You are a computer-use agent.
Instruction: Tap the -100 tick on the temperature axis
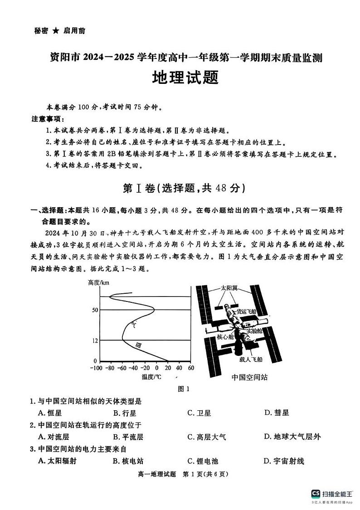point(96,368)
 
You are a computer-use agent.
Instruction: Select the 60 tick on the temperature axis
point(190,368)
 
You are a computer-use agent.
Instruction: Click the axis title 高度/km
point(98,283)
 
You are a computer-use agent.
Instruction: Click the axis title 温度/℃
point(151,377)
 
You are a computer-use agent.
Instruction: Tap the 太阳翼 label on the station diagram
point(229,288)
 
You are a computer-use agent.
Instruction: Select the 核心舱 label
point(225,337)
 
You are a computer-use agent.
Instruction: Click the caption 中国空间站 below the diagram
point(249,377)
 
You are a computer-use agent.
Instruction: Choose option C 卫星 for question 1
point(199,413)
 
